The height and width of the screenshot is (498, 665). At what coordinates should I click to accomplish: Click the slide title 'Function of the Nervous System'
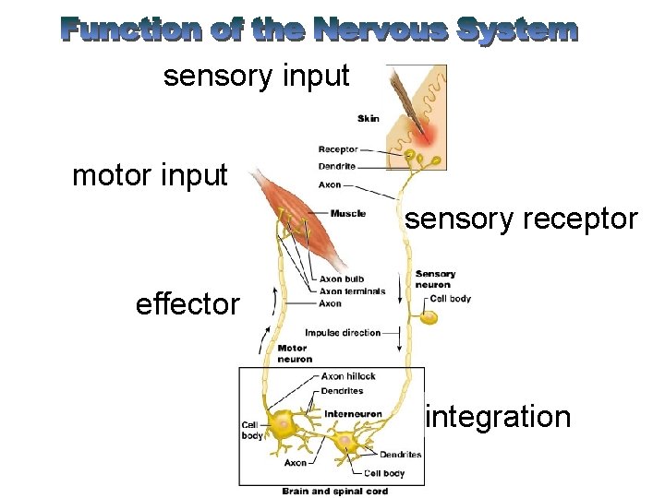[x=320, y=30]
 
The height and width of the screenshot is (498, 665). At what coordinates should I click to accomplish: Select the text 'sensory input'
[x=257, y=76]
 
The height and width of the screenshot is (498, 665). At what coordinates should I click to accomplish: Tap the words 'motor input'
[x=150, y=175]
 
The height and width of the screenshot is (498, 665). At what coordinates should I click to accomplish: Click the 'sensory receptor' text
[x=522, y=219]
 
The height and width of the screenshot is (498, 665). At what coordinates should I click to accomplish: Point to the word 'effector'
[x=187, y=303]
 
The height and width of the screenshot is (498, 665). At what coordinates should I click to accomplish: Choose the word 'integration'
[x=497, y=417]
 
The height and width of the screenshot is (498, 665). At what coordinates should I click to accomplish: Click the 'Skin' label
[x=369, y=119]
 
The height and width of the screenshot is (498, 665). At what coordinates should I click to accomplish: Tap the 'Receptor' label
[x=338, y=149]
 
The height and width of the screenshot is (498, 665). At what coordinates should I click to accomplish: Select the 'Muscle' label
[x=347, y=213]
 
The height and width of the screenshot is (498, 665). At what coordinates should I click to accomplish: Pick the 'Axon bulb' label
[x=341, y=279]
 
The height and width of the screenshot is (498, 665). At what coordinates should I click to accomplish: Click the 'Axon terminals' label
[x=352, y=291]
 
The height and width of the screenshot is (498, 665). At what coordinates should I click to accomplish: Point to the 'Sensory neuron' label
[x=435, y=279]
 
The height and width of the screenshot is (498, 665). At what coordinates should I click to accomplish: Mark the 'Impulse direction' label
[x=343, y=333]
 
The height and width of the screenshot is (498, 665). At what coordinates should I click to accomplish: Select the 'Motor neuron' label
[x=295, y=353]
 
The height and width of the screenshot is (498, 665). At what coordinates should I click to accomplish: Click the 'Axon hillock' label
[x=348, y=376]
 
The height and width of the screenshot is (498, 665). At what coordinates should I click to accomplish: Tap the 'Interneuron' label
[x=353, y=414]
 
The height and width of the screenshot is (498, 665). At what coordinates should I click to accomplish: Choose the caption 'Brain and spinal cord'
[x=335, y=492]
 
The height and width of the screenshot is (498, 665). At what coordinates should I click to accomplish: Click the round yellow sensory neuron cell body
[x=429, y=317]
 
